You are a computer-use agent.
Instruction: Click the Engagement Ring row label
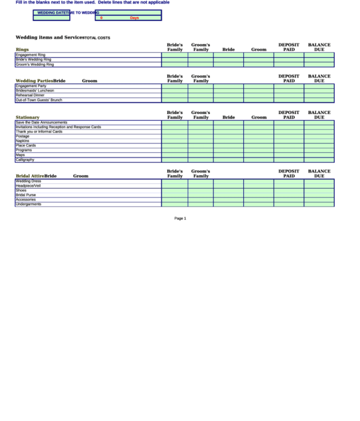pyautogui.click(x=31, y=54)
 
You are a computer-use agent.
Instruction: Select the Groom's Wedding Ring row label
pyautogui.click(x=35, y=65)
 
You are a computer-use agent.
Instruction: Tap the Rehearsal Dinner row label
pyautogui.click(x=31, y=95)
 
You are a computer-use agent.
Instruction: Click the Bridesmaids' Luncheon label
pyautogui.click(x=35, y=90)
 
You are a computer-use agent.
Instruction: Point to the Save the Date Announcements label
pyautogui.click(x=41, y=122)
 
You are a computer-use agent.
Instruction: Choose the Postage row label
pyautogui.click(x=22, y=136)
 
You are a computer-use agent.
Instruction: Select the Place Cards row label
pyautogui.click(x=26, y=145)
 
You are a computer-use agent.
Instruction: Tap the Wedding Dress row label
pyautogui.click(x=29, y=181)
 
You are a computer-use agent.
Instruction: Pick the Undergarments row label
pyautogui.click(x=29, y=204)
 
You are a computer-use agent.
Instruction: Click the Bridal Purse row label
pyautogui.click(x=26, y=195)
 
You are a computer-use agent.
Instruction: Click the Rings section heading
pyautogui.click(x=22, y=49)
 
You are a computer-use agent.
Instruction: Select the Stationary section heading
pyautogui.click(x=28, y=117)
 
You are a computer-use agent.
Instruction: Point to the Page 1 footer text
pyautogui.click(x=180, y=219)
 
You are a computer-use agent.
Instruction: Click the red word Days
pyautogui.click(x=134, y=18)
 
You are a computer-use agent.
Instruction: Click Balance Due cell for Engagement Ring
pyautogui.click(x=319, y=54)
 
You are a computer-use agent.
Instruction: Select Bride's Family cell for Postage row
pyautogui.click(x=175, y=136)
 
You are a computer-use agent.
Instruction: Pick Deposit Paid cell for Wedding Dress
pyautogui.click(x=289, y=181)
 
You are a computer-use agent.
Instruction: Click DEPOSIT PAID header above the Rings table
pyautogui.click(x=289, y=47)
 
